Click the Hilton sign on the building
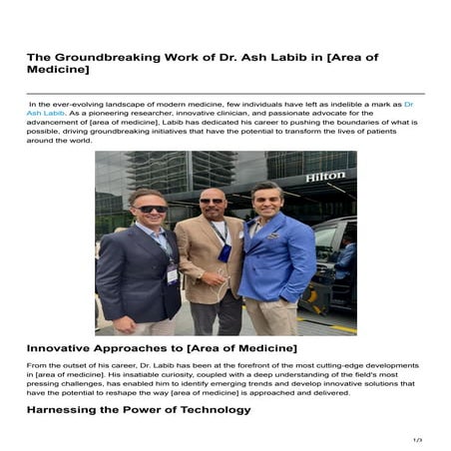[x=324, y=177]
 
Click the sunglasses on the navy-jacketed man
[x=152, y=210]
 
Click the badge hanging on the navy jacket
[x=172, y=272]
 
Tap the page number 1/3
[x=417, y=439]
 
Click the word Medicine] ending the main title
[x=58, y=71]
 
